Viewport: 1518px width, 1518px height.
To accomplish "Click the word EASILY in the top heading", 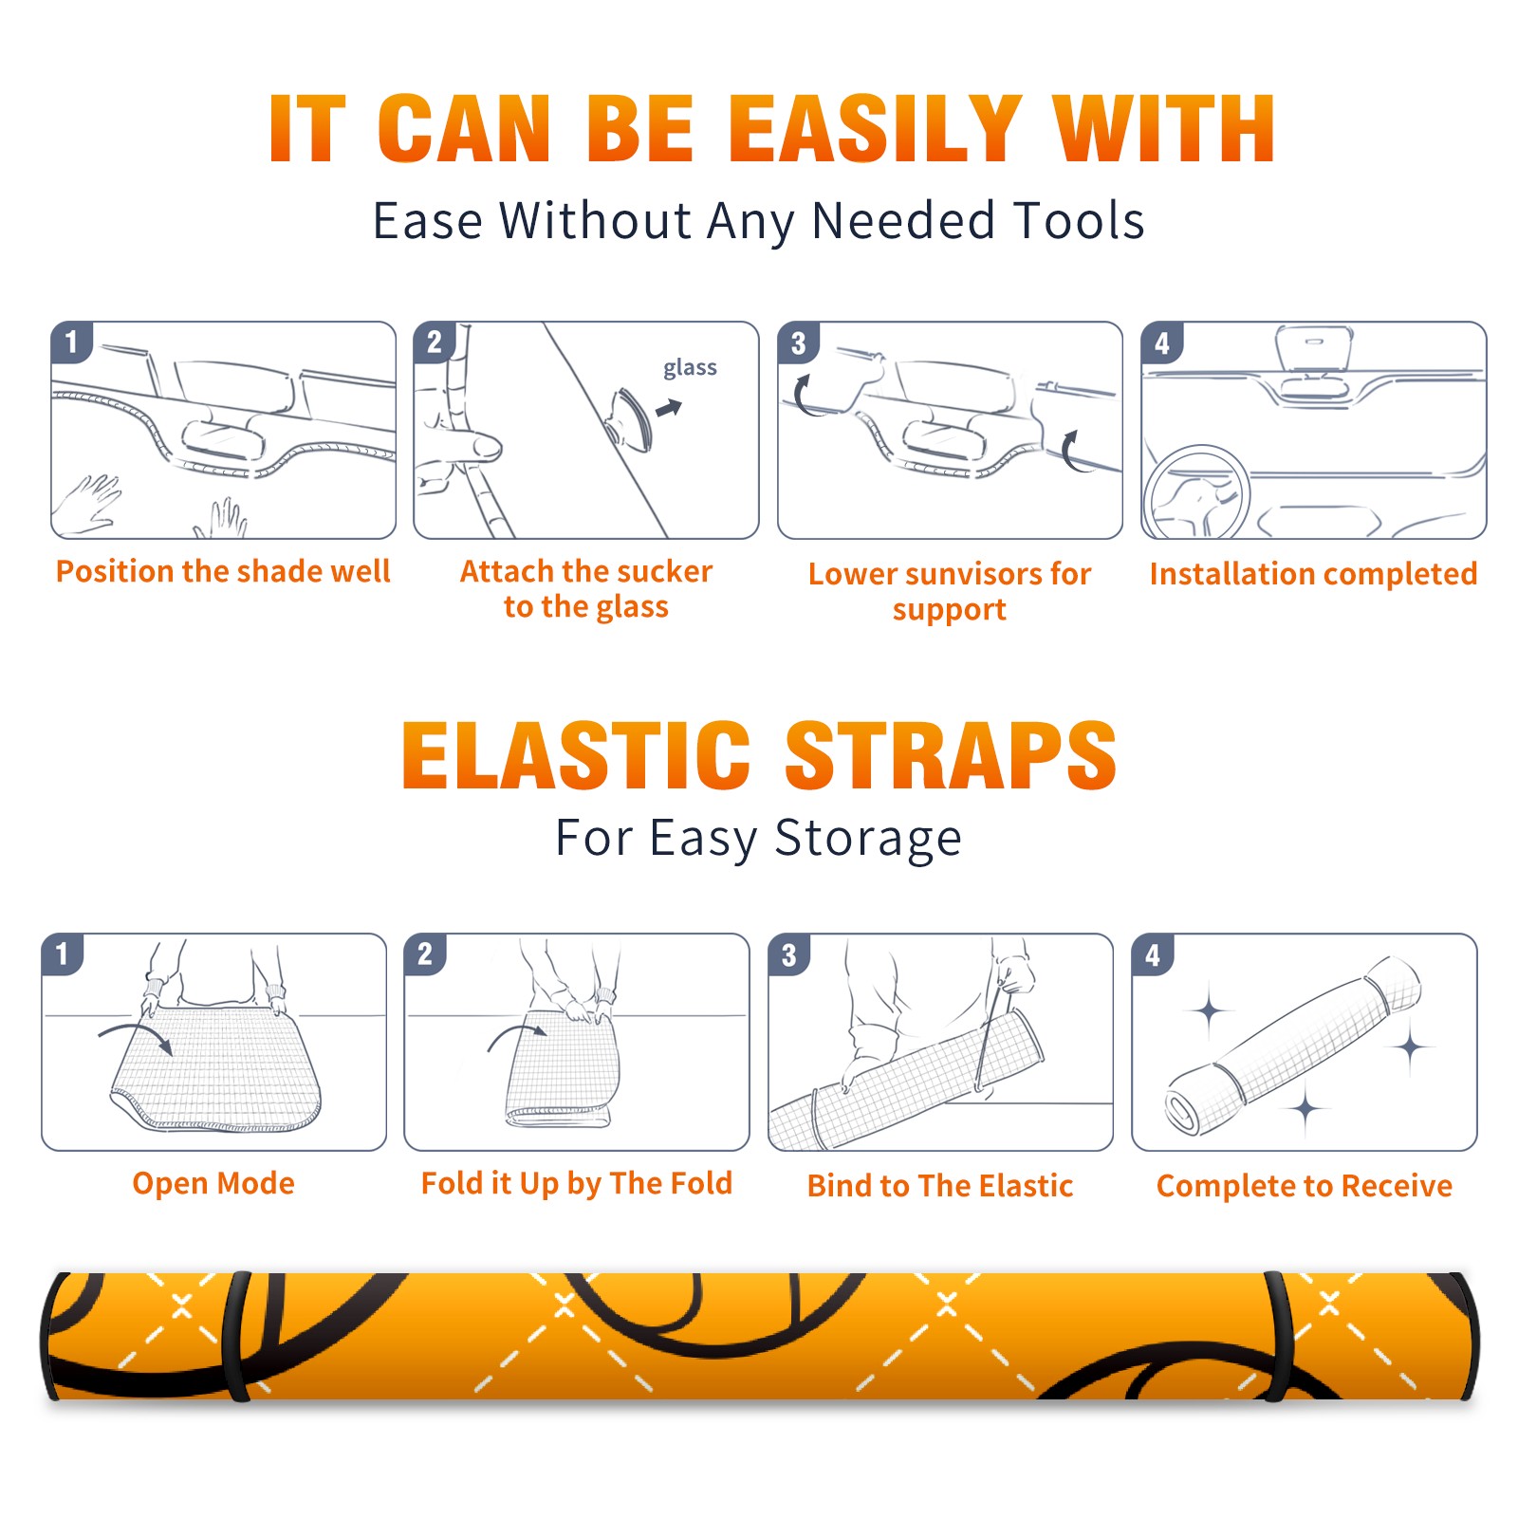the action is (874, 129).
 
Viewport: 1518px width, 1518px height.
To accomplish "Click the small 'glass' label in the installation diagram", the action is (690, 368).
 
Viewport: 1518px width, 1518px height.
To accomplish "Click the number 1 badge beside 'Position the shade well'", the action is (71, 342).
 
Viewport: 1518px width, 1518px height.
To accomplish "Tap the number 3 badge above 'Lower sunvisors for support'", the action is (798, 342).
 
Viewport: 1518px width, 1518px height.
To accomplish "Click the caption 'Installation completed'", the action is (1313, 574).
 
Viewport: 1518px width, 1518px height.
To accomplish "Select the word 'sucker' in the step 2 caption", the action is (663, 571).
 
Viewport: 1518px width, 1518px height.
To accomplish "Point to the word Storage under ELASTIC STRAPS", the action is (868, 840).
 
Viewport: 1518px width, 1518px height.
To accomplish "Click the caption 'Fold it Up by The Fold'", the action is (577, 1184).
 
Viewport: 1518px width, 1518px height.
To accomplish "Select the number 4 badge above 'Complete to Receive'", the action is (1153, 954).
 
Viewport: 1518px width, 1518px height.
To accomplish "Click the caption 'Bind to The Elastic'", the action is (940, 1186).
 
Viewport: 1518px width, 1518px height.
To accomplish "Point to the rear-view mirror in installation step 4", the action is (1314, 348).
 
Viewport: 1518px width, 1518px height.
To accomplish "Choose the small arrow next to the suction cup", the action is (669, 409).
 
